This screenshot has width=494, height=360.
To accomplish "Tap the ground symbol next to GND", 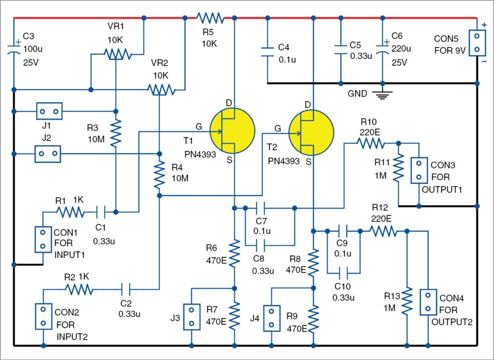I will point(382,94).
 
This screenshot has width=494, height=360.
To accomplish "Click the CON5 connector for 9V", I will point(477,43).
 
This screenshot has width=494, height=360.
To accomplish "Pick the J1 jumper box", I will point(49,111).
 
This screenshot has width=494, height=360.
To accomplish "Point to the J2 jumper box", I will point(48,153).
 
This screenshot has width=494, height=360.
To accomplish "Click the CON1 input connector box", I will point(44,238).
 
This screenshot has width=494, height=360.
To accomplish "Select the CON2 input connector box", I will point(44,316).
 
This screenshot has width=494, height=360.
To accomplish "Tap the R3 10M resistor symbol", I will point(116,132).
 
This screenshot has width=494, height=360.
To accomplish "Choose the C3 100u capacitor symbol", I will point(14,50).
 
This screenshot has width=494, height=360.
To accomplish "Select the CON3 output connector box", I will point(418,170).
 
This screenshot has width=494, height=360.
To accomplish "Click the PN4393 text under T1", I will point(199,155).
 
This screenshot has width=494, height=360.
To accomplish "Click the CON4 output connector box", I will point(428,301).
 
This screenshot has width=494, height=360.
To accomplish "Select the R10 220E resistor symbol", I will point(371,143).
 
